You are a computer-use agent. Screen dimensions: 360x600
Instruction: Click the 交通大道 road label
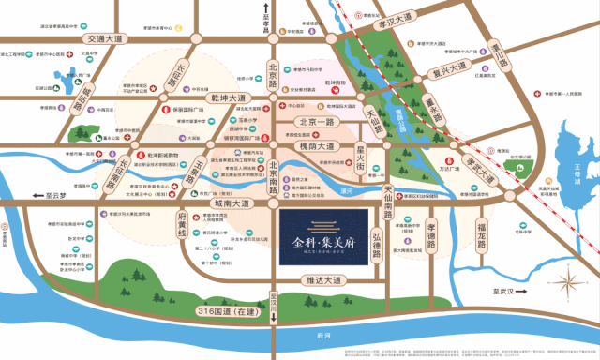click(103, 39)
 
